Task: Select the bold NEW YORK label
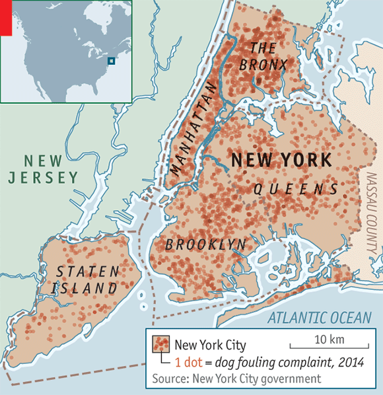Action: click(281, 161)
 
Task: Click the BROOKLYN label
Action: click(205, 245)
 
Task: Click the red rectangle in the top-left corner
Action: click(5, 17)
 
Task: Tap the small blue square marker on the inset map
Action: click(111, 61)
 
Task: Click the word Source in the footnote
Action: click(169, 379)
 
